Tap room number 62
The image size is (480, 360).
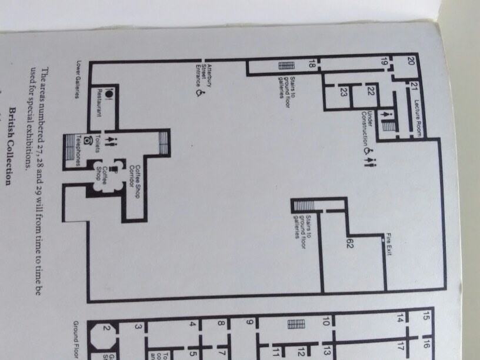click(349, 242)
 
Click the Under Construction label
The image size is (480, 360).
click(367, 128)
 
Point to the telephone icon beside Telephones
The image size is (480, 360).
click(88, 141)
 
